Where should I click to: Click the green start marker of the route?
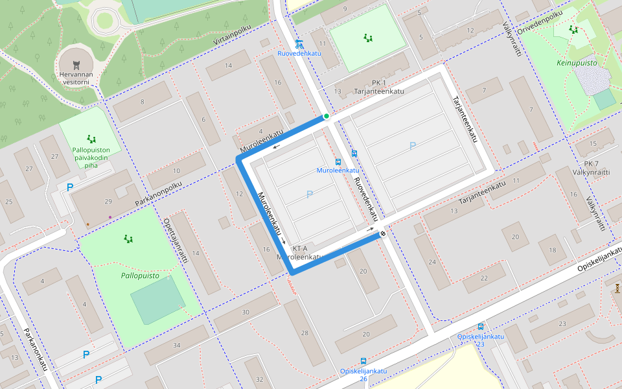[327, 116]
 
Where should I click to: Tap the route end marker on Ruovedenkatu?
[383, 234]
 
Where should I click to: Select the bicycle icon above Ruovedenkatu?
[299, 44]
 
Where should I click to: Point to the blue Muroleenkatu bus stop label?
[338, 171]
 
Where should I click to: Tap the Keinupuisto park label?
[577, 63]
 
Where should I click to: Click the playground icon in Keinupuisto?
[573, 29]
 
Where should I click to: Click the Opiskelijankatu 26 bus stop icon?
[363, 360]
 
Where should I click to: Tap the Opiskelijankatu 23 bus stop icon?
[480, 327]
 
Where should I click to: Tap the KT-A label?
[299, 248]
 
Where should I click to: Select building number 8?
[142, 101]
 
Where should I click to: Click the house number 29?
[108, 202]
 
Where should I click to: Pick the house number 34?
[177, 345]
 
